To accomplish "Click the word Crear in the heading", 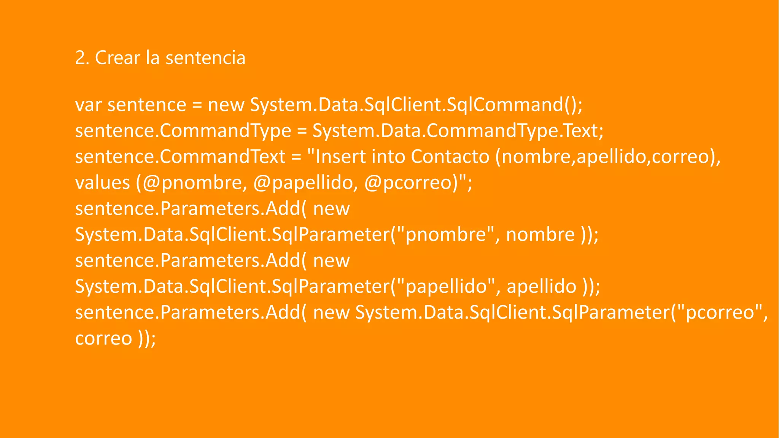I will tap(118, 58).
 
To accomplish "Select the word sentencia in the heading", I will tap(205, 58).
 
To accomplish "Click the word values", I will tap(102, 183).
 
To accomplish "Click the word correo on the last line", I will tap(103, 338).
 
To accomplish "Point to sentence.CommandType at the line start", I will tap(183, 131).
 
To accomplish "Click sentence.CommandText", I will tap(180, 157).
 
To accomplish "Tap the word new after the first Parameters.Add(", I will tap(331, 209).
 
